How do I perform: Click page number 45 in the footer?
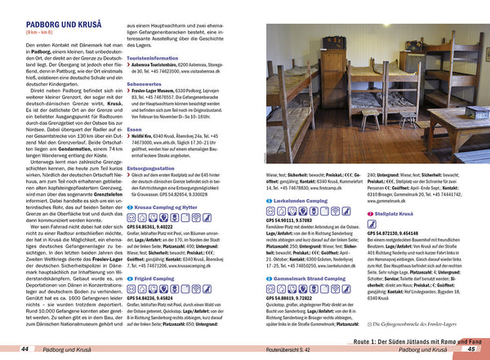coord(470,350)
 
